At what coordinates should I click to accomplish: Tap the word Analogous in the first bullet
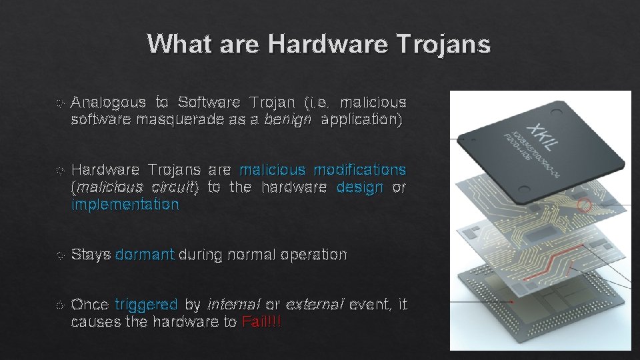click(108, 102)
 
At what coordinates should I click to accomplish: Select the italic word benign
click(287, 120)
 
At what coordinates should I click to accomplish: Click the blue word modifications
click(359, 169)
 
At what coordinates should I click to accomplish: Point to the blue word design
click(360, 187)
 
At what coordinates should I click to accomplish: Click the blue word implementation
click(125, 205)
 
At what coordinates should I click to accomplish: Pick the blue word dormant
click(145, 255)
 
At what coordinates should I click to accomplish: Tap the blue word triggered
click(146, 305)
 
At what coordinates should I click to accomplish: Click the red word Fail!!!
click(262, 323)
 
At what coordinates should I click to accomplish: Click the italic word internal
click(234, 305)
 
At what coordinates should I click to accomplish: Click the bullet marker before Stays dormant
click(61, 255)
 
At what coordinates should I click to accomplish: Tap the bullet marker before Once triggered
click(61, 305)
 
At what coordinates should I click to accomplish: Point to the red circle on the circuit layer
click(583, 205)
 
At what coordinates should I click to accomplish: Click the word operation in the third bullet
click(313, 255)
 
